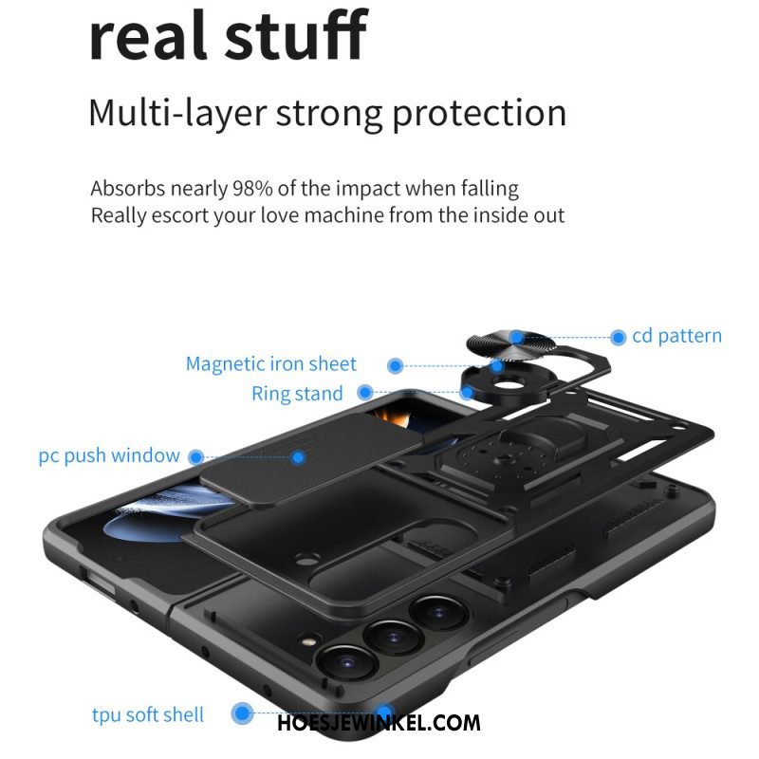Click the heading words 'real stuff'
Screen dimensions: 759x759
(x=229, y=36)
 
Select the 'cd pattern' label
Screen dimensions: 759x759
(x=676, y=336)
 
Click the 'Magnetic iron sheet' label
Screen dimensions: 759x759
(x=271, y=364)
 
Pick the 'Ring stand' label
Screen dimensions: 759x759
(x=297, y=393)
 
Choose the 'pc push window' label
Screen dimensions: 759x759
(x=109, y=455)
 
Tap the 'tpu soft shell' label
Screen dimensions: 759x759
(x=148, y=715)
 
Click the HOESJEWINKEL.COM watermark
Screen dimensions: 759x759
(x=379, y=723)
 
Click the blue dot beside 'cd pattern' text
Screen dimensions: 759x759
(x=619, y=338)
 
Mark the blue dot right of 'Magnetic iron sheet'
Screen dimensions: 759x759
(x=396, y=365)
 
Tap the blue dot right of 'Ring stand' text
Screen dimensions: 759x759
(x=365, y=392)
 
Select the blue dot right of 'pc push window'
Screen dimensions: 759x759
(x=196, y=457)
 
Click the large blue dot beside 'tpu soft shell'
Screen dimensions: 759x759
(x=242, y=713)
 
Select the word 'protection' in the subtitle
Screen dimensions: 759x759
(x=479, y=114)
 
